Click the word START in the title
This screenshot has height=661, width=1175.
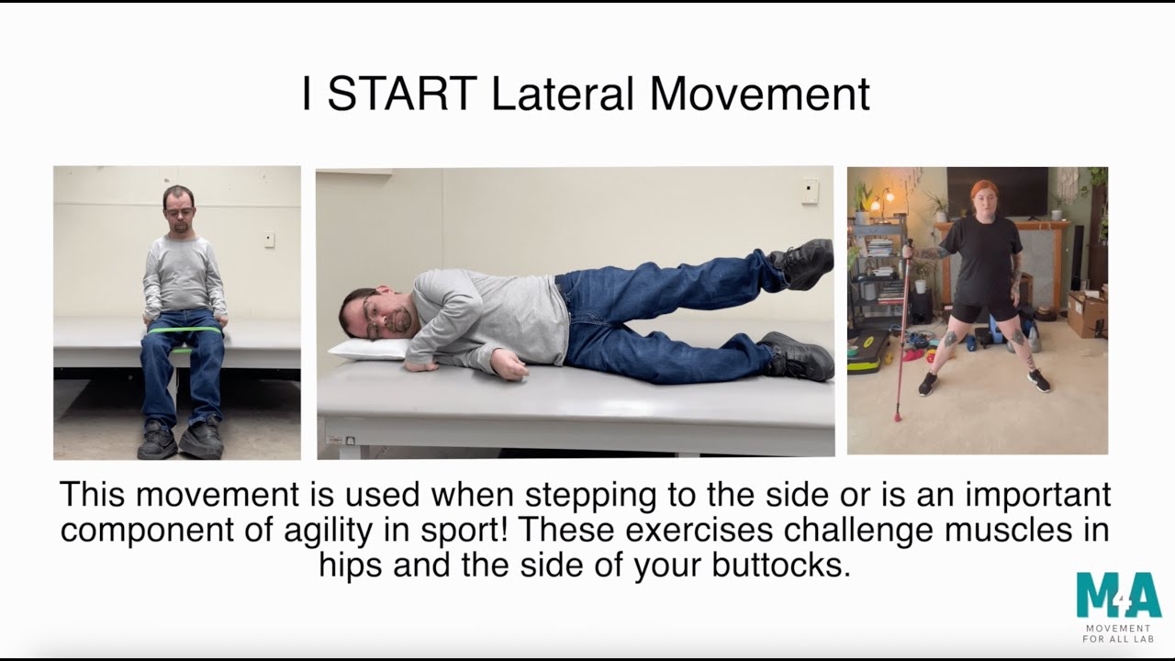click(x=401, y=95)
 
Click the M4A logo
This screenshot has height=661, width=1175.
click(x=1118, y=596)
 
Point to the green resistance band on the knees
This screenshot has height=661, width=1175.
click(x=185, y=330)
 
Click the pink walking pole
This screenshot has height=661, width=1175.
click(x=904, y=330)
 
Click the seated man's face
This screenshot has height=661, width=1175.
click(x=178, y=207)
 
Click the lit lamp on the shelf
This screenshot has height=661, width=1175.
click(x=888, y=196)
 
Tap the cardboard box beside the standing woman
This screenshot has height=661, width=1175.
click(x=1088, y=314)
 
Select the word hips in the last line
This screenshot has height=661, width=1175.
click(x=353, y=565)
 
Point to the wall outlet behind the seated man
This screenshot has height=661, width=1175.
click(x=268, y=241)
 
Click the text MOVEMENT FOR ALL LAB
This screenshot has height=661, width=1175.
click(x=1118, y=633)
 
